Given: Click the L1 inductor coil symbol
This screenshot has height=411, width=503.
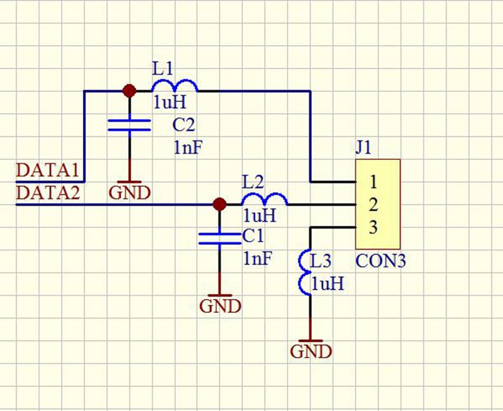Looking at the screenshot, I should click(174, 86).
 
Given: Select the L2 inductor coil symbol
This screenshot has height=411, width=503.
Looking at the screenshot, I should click(265, 200).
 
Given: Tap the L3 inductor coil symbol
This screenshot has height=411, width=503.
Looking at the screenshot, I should click(305, 274).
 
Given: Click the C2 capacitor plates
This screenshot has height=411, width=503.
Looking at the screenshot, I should click(130, 125).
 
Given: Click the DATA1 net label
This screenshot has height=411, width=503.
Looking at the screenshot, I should click(47, 171).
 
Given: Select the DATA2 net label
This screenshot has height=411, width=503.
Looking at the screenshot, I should click(48, 192).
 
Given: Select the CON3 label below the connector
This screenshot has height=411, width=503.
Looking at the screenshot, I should click(380, 261).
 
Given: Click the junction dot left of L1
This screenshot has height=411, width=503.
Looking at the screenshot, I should click(130, 91).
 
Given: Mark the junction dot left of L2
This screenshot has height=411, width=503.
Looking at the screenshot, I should click(219, 204).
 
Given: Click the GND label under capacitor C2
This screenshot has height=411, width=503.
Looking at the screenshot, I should click(130, 192).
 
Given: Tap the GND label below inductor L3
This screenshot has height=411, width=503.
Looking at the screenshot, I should click(311, 351).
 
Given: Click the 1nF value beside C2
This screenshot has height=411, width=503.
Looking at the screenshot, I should click(187, 148).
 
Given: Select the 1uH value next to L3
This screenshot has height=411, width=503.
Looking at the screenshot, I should click(328, 284).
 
